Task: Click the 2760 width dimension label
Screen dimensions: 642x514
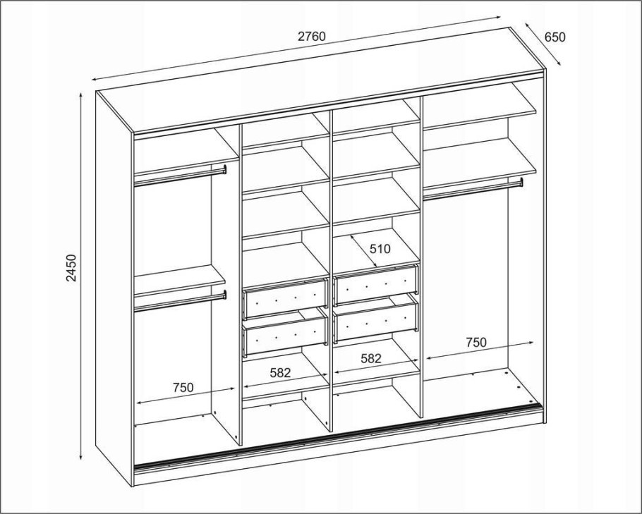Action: coord(312,37)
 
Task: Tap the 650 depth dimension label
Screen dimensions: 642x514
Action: coord(555,37)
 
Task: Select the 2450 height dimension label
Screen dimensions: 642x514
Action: coord(71,268)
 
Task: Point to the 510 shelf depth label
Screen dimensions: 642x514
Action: coord(380,248)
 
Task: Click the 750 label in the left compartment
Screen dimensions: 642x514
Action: coord(183,387)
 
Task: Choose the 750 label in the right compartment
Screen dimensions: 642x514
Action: coord(476,342)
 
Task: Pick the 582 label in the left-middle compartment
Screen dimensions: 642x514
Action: coord(281,373)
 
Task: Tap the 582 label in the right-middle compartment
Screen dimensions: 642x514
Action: coord(370,359)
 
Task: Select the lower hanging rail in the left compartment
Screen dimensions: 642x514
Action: coord(180,302)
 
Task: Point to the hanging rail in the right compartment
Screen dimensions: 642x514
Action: coord(473,190)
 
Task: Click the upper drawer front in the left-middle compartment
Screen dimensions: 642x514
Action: coord(285,298)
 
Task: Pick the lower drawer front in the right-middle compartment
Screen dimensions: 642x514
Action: coord(376,322)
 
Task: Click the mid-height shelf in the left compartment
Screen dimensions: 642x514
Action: coord(179,281)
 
